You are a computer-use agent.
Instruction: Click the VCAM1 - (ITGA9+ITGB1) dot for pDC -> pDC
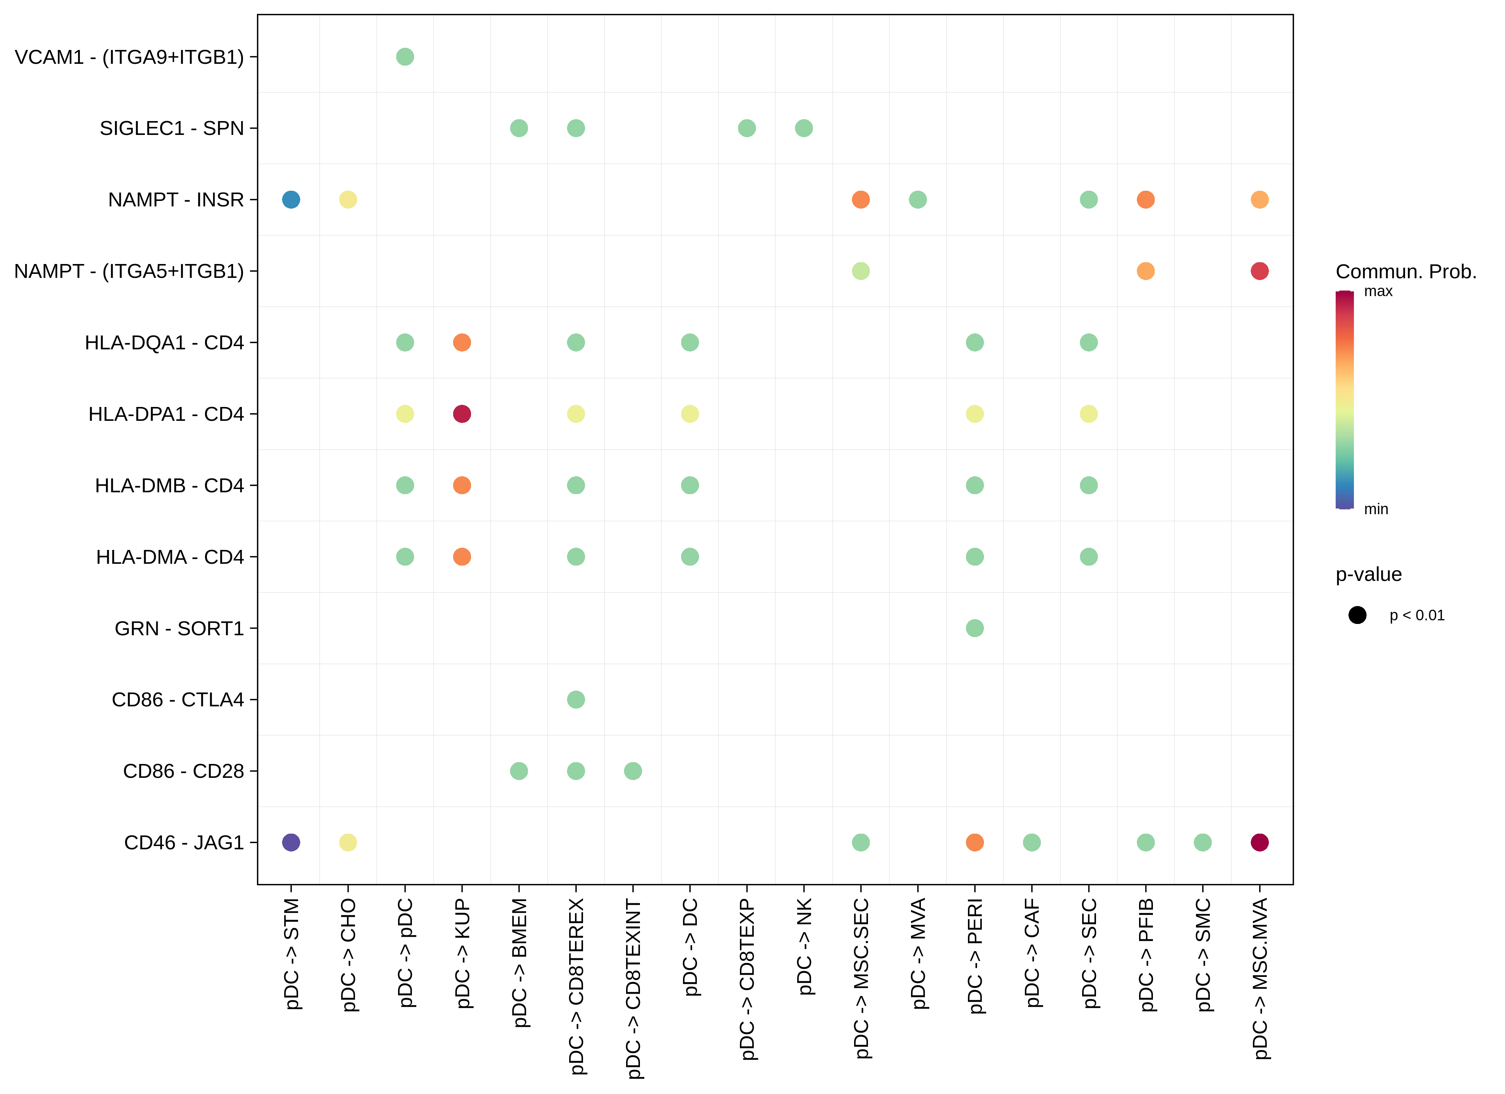click(405, 57)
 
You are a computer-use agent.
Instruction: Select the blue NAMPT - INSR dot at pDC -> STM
click(291, 200)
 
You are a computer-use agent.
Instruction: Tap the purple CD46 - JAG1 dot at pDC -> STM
click(291, 842)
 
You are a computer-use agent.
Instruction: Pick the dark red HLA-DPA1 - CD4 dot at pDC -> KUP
click(462, 414)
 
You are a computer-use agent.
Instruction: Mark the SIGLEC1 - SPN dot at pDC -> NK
click(804, 128)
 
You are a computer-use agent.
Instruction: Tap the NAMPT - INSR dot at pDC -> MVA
click(918, 200)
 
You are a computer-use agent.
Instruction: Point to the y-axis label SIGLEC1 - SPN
click(172, 128)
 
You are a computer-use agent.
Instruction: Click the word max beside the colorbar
click(1378, 291)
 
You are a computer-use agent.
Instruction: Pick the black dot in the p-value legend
click(1357, 615)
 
